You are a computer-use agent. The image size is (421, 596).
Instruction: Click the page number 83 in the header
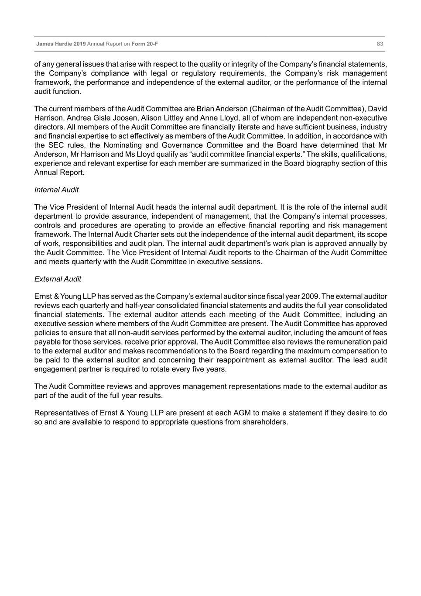[x=380, y=44]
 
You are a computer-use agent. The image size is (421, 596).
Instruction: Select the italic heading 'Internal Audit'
[x=56, y=189]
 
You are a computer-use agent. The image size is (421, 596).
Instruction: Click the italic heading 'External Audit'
[x=58, y=279]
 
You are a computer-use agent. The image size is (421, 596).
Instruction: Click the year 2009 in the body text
[x=310, y=296]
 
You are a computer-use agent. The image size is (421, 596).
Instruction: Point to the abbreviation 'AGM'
[x=242, y=413]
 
